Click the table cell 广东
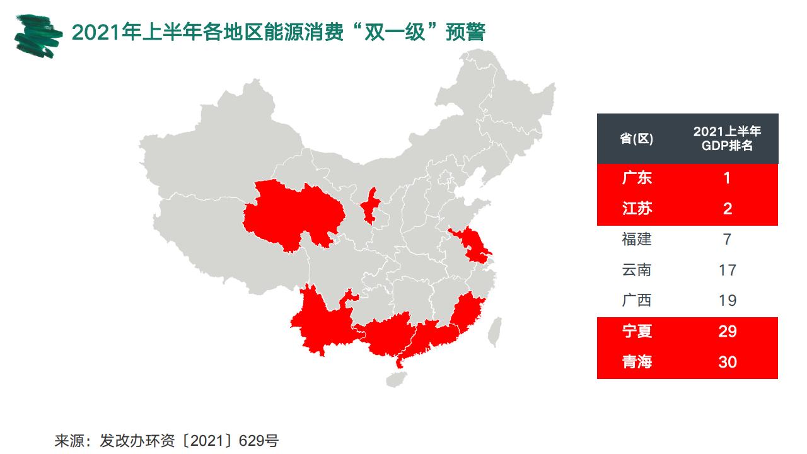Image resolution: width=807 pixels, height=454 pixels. pos(637,178)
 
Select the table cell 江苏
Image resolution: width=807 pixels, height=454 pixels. pos(637,209)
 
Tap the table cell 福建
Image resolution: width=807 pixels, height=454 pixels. pos(637,240)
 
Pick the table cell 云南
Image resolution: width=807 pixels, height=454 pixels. pos(637,271)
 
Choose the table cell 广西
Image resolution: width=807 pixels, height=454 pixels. pos(637,301)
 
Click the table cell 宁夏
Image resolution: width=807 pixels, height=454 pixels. pos(637,332)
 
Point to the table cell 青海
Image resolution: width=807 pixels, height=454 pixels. pos(637,363)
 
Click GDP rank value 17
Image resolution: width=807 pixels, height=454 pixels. pos(728,271)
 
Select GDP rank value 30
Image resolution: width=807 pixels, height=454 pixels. pos(728,363)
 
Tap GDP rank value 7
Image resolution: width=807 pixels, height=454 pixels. pos(728,240)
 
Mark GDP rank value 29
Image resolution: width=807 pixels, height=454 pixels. pos(728,332)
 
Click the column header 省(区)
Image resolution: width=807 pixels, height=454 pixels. pos(637,139)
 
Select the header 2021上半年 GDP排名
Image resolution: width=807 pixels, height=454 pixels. pos(728,139)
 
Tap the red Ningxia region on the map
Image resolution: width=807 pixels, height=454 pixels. pos(371,205)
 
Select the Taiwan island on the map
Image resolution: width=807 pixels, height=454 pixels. pos(497,331)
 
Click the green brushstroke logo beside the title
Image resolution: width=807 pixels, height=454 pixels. pos(38,34)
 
